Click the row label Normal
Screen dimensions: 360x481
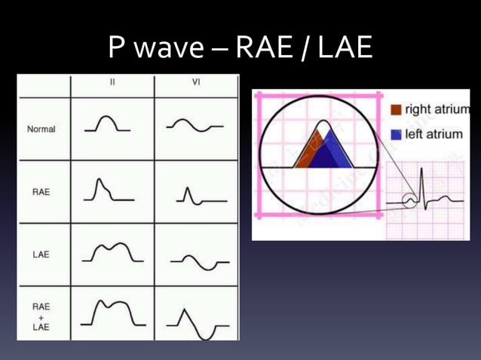pyautogui.click(x=41, y=129)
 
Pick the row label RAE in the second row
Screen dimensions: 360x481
pyautogui.click(x=41, y=191)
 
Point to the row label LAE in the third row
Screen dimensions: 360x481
pyautogui.click(x=41, y=255)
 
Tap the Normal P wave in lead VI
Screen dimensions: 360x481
pyautogui.click(x=195, y=127)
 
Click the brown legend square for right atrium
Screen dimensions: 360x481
pyautogui.click(x=397, y=110)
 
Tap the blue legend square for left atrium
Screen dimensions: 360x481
pyautogui.click(x=397, y=134)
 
